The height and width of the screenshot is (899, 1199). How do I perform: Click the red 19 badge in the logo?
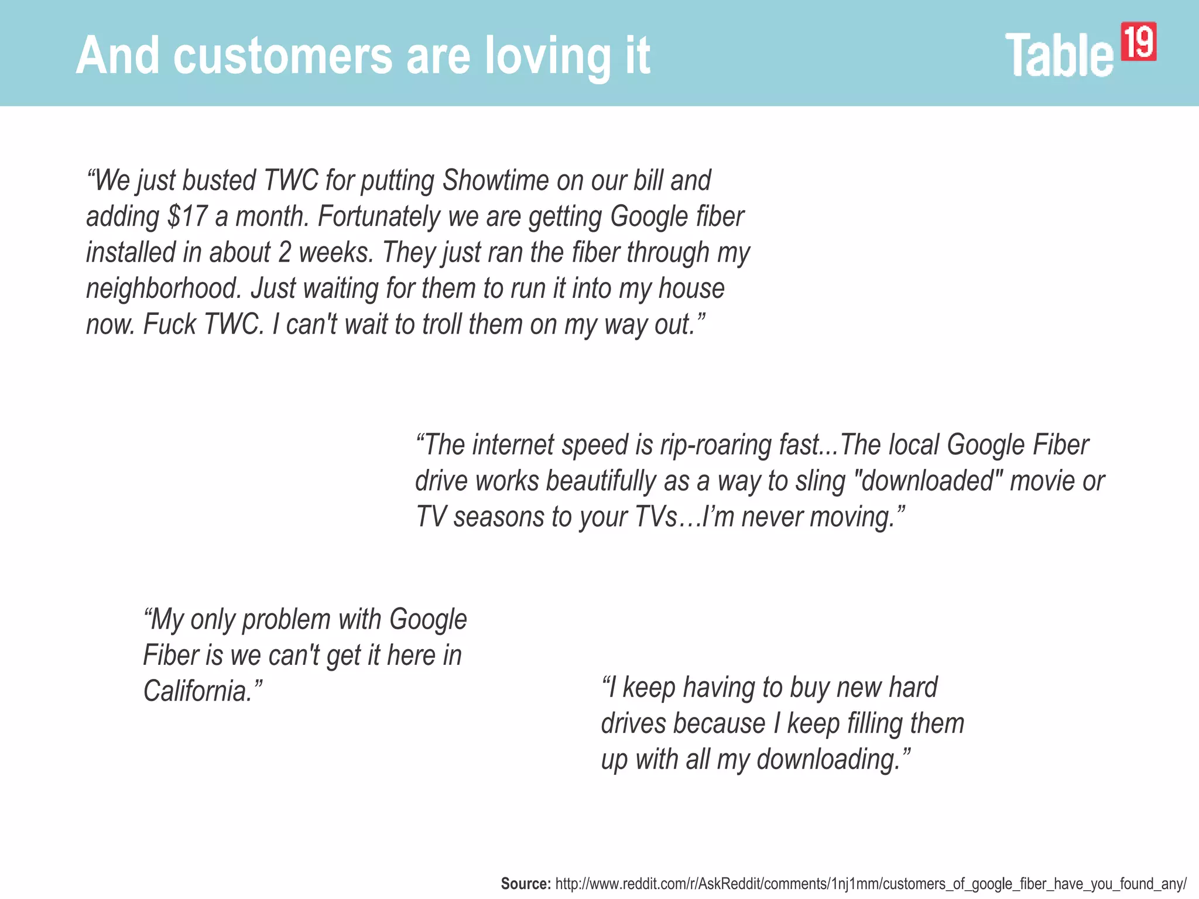[1138, 42]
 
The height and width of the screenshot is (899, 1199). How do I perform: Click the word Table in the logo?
[1059, 55]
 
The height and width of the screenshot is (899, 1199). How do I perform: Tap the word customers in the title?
[283, 56]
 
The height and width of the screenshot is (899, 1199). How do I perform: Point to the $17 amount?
[187, 217]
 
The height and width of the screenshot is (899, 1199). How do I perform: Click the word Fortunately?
[378, 217]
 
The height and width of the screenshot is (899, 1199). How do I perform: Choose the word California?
[198, 691]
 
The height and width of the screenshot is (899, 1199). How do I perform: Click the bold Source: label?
[526, 884]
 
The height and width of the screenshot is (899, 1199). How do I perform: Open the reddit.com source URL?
[871, 884]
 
